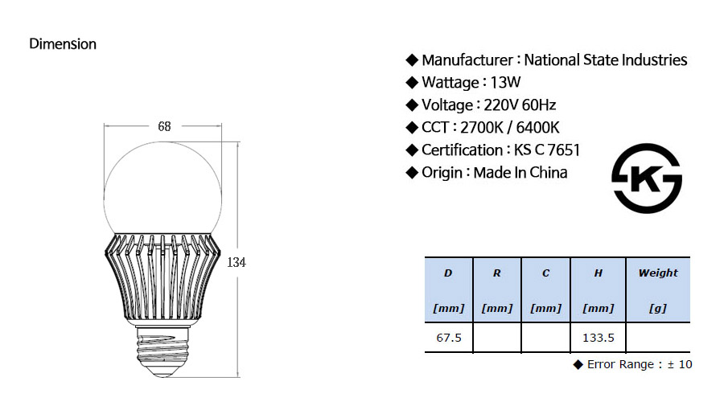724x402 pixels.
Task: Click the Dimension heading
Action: coord(63,44)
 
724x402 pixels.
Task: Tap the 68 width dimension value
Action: coord(164,126)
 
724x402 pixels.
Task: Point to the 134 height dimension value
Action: coord(237,262)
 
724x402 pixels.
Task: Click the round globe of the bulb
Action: coord(162,187)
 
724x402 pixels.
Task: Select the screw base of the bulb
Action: coord(163,351)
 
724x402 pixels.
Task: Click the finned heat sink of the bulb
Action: coord(162,277)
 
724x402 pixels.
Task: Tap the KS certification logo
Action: coord(647,178)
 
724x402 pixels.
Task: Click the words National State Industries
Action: coord(605,60)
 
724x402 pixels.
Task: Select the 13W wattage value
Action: coord(505,82)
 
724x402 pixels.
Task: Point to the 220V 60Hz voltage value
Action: coord(520,105)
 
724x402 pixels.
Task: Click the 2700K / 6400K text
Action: coord(509,127)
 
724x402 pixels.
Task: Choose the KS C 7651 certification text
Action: coord(547,150)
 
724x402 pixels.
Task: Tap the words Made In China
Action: coord(520,173)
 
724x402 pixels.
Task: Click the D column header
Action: coord(448,290)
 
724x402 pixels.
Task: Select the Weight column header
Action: coord(658,290)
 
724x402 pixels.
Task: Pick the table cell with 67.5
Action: coord(449,338)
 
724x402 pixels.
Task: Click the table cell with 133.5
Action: coord(598,338)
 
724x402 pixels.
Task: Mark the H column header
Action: coord(598,290)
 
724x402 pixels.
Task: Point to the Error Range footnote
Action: coord(632,364)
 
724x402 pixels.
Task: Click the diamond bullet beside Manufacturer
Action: coord(411,60)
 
